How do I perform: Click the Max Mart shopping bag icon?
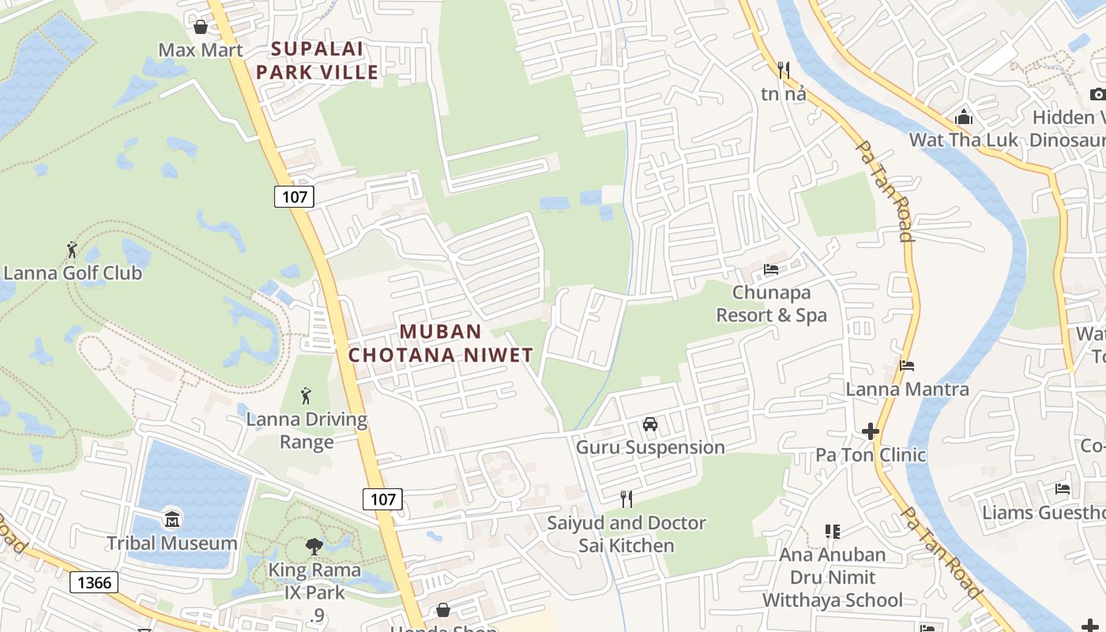pyautogui.click(x=201, y=27)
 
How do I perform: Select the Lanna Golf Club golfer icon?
pyautogui.click(x=72, y=250)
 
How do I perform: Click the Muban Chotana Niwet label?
pyautogui.click(x=441, y=343)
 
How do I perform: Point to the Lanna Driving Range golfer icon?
pyautogui.click(x=306, y=396)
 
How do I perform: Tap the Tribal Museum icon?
pyautogui.click(x=172, y=520)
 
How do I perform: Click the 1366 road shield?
pyautogui.click(x=94, y=583)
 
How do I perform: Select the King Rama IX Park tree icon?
pyautogui.click(x=314, y=546)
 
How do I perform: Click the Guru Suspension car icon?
pyautogui.click(x=650, y=424)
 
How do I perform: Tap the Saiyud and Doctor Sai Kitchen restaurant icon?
pyautogui.click(x=626, y=499)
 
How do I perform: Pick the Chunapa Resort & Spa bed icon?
pyautogui.click(x=771, y=269)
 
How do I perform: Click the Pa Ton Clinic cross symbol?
pyautogui.click(x=871, y=431)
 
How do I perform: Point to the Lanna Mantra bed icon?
pyautogui.click(x=907, y=366)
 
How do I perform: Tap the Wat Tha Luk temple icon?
pyautogui.click(x=964, y=118)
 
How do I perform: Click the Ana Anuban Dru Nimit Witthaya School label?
pyautogui.click(x=833, y=577)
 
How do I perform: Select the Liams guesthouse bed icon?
pyautogui.click(x=1063, y=489)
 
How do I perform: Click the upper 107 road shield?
pyautogui.click(x=294, y=196)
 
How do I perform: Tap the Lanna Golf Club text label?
pyautogui.click(x=73, y=273)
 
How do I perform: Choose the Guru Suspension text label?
pyautogui.click(x=650, y=447)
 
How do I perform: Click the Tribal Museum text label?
pyautogui.click(x=172, y=544)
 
